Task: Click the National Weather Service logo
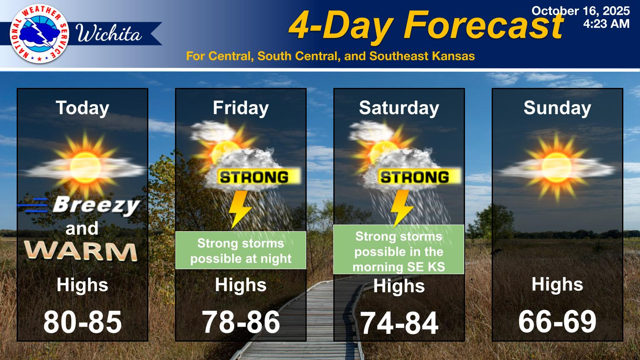[40, 34]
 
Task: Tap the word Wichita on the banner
[109, 34]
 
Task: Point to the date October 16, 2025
[580, 11]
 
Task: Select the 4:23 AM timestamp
[606, 24]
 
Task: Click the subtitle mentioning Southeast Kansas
[330, 56]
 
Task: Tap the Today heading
[82, 108]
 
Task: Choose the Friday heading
[240, 108]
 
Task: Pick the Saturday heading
[399, 108]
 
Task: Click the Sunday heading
[557, 108]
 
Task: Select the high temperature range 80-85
[82, 322]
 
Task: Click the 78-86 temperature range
[241, 322]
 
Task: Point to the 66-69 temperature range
[557, 321]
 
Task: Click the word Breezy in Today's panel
[97, 205]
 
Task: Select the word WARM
[80, 251]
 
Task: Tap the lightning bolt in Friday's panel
[240, 209]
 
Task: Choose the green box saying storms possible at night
[240, 250]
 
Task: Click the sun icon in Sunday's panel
[557, 167]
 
